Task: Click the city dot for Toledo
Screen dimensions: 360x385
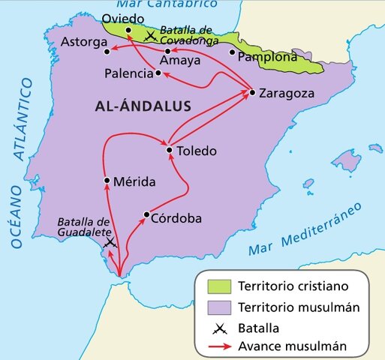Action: [170, 151]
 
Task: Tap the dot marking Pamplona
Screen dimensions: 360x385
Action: [232, 52]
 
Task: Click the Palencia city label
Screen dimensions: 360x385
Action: [128, 74]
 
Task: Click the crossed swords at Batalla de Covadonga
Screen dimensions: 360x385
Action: [152, 35]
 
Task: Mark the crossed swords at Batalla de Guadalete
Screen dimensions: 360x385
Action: [110, 243]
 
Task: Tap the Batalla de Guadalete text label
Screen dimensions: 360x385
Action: [84, 226]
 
